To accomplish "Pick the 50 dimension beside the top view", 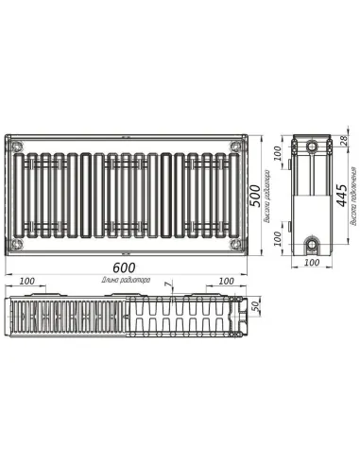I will pyautogui.click(x=255, y=311).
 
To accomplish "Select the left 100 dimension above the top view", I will pyautogui.click(x=26, y=283).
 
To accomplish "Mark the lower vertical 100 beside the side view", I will pyautogui.click(x=278, y=238).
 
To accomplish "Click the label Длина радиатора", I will pyautogui.click(x=127, y=282).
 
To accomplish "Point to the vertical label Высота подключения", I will pyautogui.click(x=351, y=200).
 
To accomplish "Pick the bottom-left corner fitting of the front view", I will pyautogui.click(x=18, y=242).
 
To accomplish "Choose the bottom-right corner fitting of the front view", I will pyautogui.click(x=233, y=242).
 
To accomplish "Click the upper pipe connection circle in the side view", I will pyautogui.click(x=311, y=147).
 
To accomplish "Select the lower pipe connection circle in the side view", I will pyautogui.click(x=311, y=243).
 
